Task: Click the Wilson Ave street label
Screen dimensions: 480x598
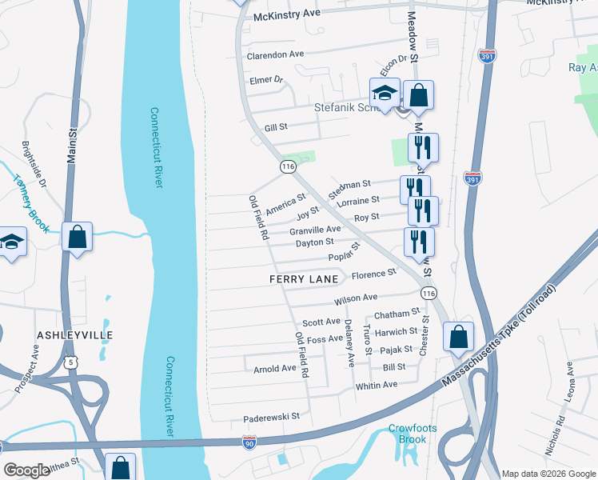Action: (356, 298)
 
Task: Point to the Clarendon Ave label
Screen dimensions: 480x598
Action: (276, 54)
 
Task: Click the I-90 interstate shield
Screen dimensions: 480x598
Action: (249, 442)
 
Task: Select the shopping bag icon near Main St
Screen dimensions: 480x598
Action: (77, 237)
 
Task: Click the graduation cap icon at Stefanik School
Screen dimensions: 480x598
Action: (385, 93)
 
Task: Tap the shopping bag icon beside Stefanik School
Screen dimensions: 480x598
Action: (418, 96)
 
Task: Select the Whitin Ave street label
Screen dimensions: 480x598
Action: (376, 385)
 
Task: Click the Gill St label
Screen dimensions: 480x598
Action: (275, 127)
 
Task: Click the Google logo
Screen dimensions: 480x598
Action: (26, 470)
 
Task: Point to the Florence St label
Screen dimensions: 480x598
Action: (374, 273)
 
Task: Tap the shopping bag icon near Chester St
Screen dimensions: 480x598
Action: (459, 337)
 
